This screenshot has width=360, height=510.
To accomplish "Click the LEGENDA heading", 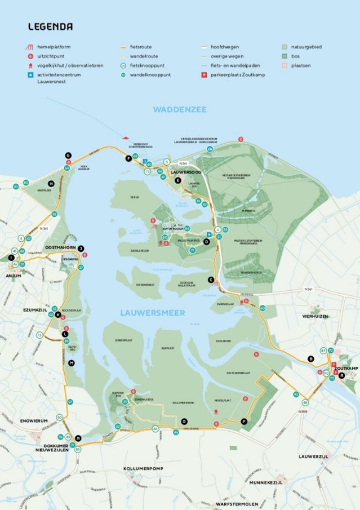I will point(50,26).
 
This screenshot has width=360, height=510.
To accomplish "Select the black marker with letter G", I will point(68,155).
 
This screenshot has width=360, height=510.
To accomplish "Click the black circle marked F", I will point(128,159).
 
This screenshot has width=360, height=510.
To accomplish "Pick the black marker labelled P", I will point(243,421).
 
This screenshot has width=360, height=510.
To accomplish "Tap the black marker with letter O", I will point(184,422).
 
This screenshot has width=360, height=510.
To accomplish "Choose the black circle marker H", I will point(51,183).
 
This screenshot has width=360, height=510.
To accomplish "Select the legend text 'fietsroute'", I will point(141,47).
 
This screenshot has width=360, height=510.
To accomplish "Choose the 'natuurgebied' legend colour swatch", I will point(285,47).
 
